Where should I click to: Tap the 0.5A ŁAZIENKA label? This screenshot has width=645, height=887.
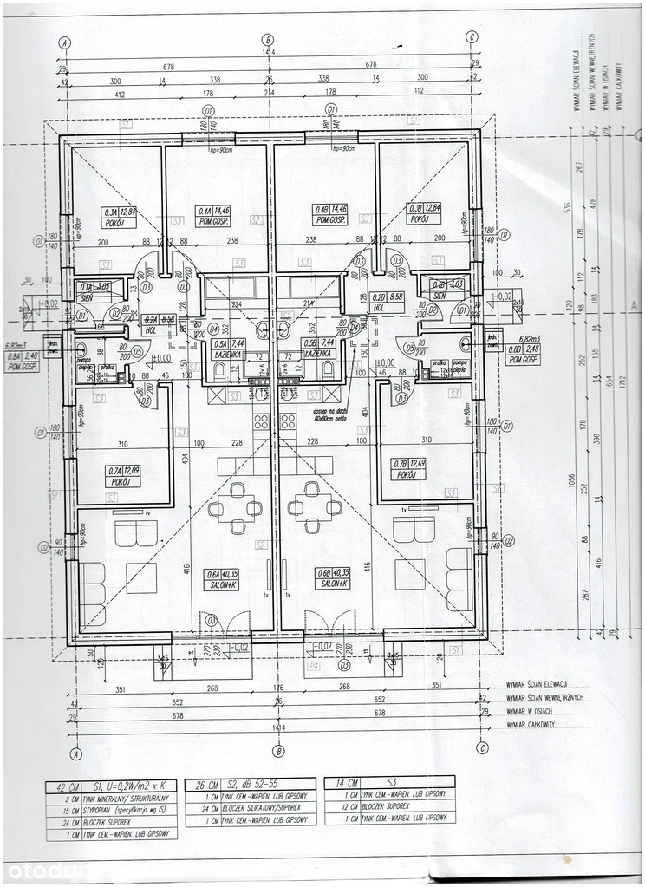pos(227,349)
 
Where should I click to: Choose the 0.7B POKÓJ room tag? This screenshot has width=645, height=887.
pos(407,471)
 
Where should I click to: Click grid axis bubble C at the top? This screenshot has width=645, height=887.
pos(472,37)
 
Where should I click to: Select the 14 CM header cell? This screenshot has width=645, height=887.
pos(341,785)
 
